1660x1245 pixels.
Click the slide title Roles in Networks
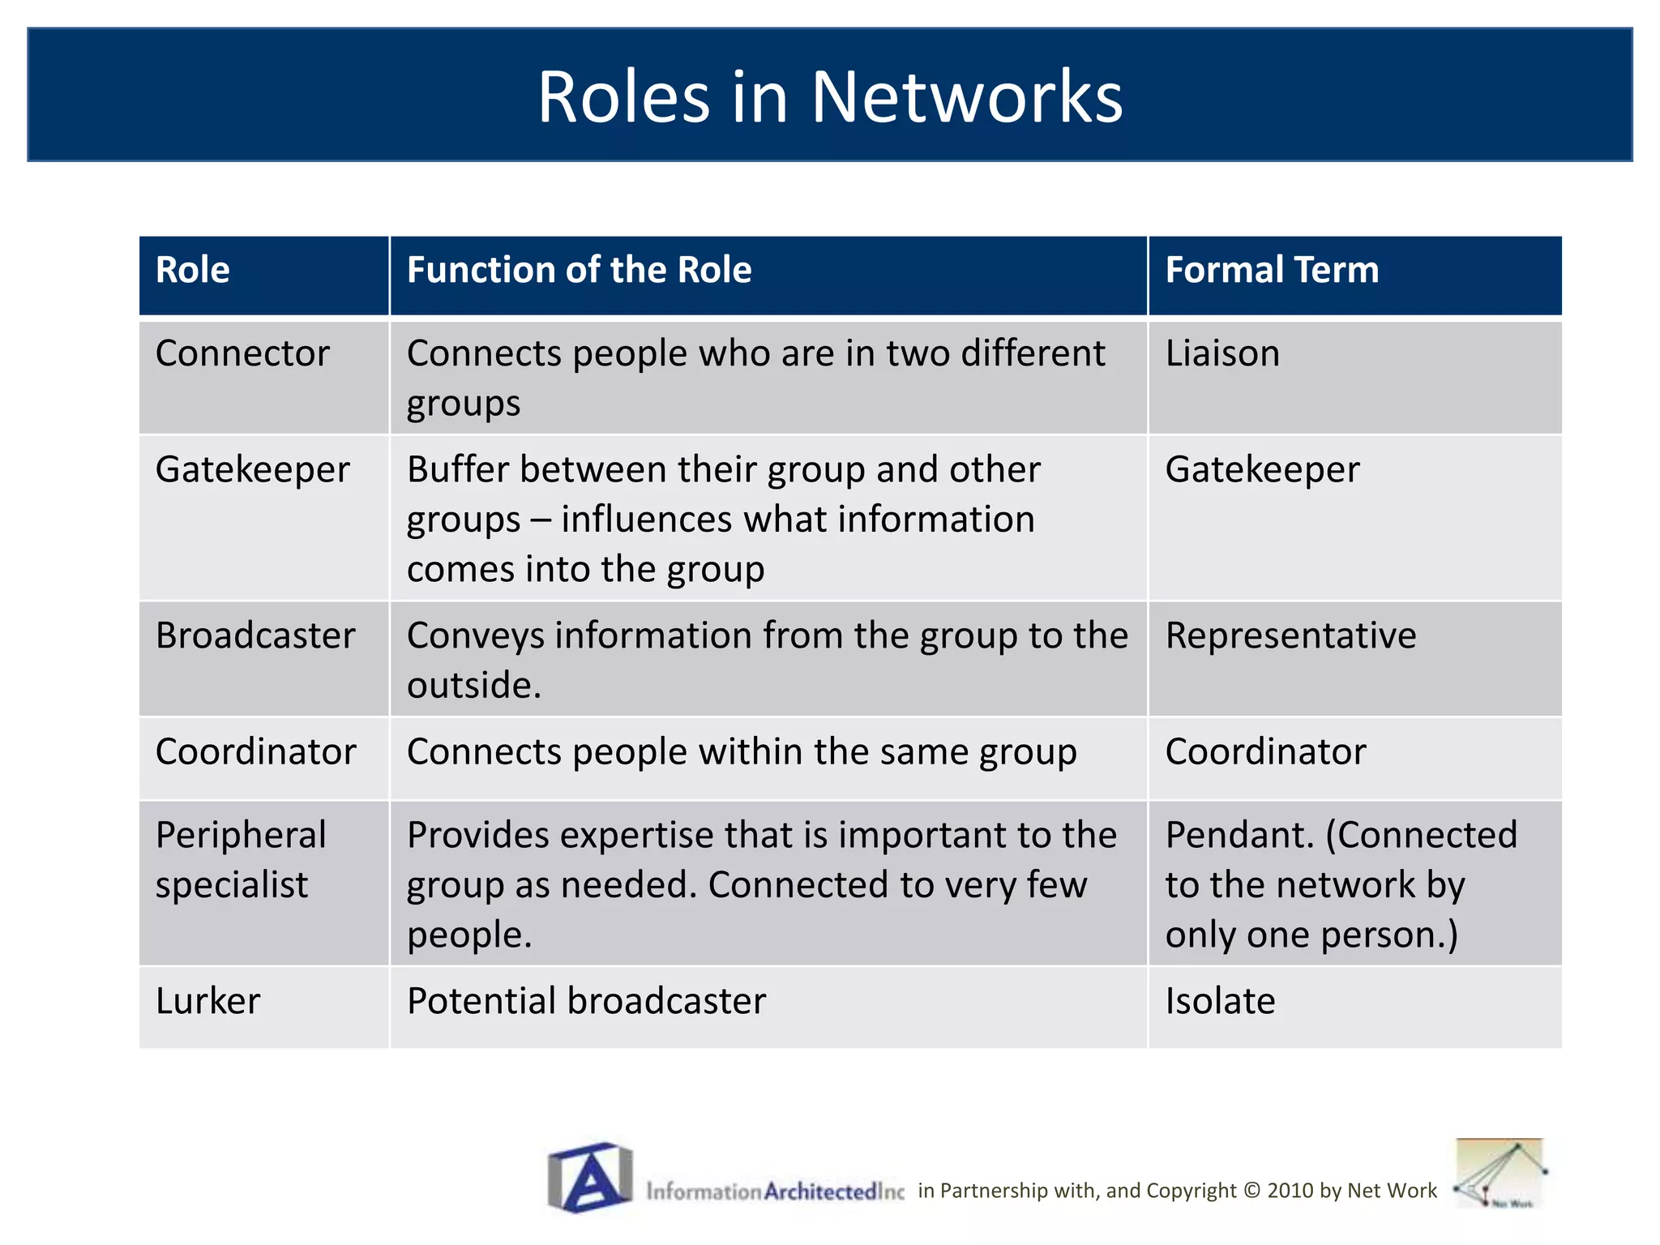[x=830, y=96]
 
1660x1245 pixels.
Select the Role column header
[x=193, y=270]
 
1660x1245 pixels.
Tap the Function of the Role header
[x=579, y=270]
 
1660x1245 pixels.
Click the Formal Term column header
[x=1271, y=270]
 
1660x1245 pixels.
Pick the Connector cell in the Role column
[x=242, y=354]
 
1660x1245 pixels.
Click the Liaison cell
[x=1222, y=354]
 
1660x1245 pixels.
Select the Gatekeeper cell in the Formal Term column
[x=1262, y=470]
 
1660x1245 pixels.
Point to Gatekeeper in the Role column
[x=252, y=470]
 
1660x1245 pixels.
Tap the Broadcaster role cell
[x=255, y=636]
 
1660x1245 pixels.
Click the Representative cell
[x=1290, y=636]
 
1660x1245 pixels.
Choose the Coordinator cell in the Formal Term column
[x=1265, y=752]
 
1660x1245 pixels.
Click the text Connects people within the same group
[x=742, y=752]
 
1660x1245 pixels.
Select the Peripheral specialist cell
[x=241, y=860]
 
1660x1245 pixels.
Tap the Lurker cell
[x=208, y=1002]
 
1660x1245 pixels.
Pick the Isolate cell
[x=1220, y=1002]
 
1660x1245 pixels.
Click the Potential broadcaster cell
[x=586, y=1002]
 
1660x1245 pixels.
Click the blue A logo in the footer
[x=590, y=1177]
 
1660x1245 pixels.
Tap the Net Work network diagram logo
[x=1499, y=1174]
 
